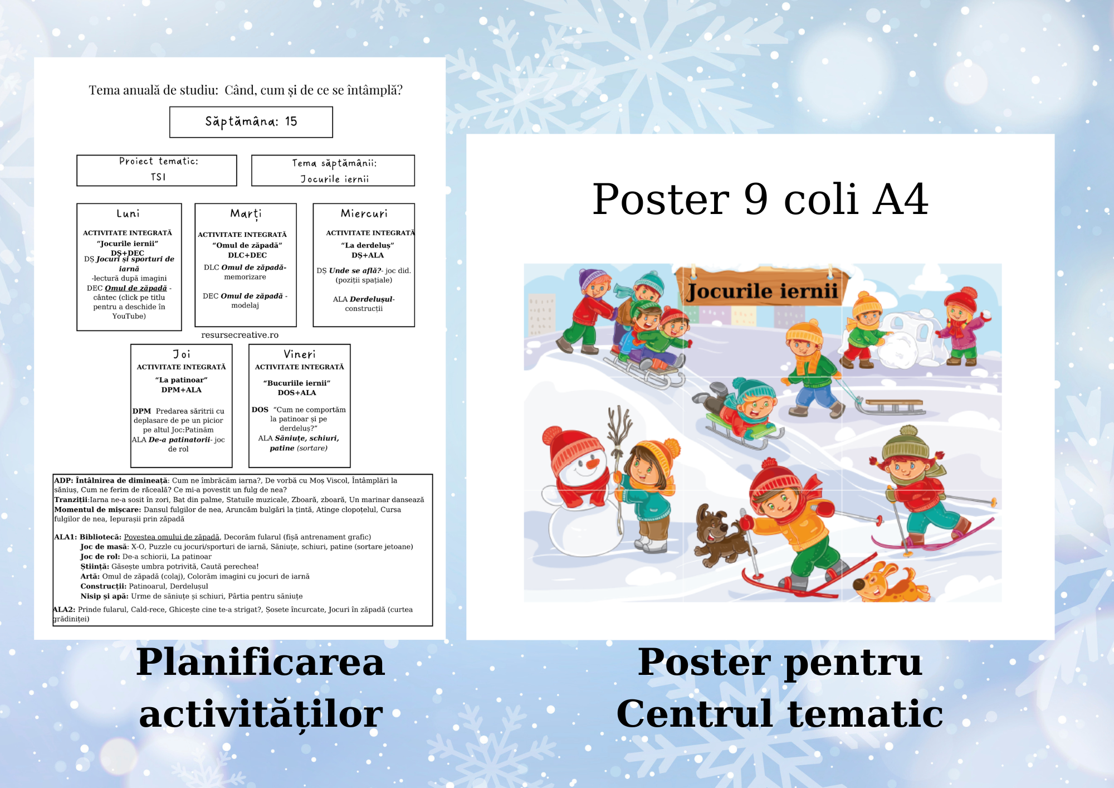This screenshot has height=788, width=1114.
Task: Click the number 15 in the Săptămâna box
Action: pos(291,121)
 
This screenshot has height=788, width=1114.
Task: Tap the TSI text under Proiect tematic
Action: pos(158,177)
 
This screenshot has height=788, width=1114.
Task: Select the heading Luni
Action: pos(128,213)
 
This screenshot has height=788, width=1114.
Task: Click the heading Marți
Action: pos(246,214)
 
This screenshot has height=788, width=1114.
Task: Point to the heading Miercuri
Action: pos(364,213)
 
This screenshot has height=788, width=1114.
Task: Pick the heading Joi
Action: pos(182,354)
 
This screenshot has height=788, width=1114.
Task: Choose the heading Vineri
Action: pos(300,354)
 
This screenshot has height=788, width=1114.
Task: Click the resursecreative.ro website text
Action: pos(240,335)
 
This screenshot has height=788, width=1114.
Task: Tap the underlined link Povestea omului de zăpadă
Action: pos(172,537)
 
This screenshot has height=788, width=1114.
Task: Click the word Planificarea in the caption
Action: pos(261,663)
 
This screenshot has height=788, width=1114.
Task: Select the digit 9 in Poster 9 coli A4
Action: pos(756,200)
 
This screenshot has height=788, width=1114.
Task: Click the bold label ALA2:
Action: pos(64,610)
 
